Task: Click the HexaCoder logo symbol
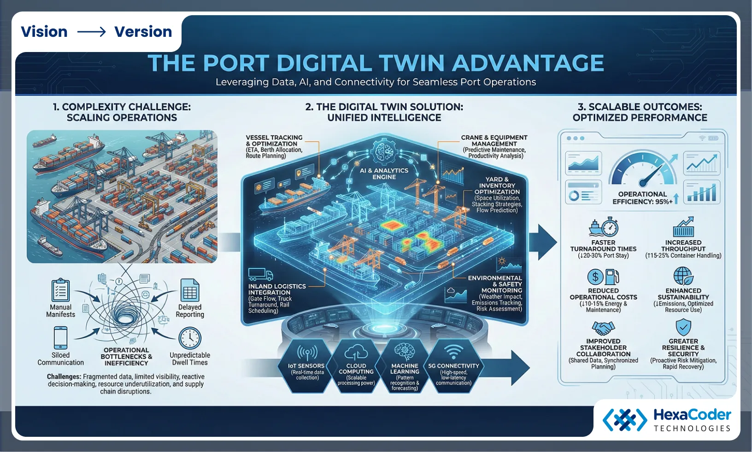(x=625, y=419)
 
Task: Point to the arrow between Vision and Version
(x=91, y=32)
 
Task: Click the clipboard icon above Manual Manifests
(x=60, y=290)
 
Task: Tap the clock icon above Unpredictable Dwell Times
(x=190, y=338)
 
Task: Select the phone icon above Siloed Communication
(x=60, y=338)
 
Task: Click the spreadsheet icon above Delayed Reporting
(x=190, y=290)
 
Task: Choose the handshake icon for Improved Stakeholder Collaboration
(x=603, y=328)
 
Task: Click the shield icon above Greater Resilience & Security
(x=683, y=327)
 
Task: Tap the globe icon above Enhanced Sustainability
(x=683, y=276)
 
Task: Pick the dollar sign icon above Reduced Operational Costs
(x=595, y=277)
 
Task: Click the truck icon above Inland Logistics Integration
(x=260, y=275)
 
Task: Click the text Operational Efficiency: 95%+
(x=642, y=198)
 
